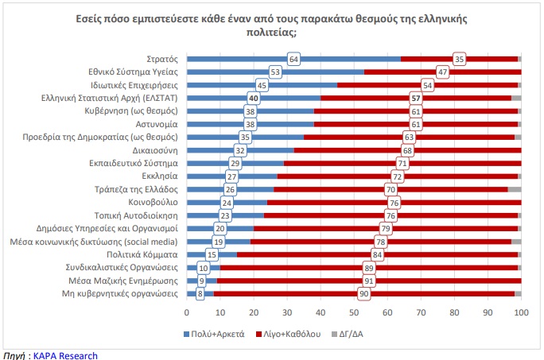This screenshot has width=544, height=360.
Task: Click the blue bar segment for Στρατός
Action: (293, 59)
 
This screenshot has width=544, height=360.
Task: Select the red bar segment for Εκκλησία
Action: (397, 176)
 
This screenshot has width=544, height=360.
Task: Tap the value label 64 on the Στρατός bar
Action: (293, 60)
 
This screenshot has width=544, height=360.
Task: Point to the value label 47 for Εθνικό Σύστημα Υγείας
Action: (442, 72)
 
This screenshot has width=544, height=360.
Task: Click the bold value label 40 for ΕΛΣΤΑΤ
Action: (254, 99)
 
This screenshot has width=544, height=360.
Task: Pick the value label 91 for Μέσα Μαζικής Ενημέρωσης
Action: (369, 281)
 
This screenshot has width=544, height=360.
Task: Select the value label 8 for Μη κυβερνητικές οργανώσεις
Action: (200, 294)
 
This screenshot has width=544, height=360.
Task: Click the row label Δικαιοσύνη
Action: (155, 150)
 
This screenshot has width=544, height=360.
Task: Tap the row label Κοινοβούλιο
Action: (153, 202)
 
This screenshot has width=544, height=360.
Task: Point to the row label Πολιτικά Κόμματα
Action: (142, 254)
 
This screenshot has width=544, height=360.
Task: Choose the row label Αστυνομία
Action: (157, 124)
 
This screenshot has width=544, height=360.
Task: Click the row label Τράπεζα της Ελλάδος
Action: (136, 189)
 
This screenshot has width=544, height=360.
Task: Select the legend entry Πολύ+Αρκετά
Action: (214, 334)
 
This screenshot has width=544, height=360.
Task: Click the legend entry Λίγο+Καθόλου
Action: (289, 334)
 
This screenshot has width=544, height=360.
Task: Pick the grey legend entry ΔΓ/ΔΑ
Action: (348, 334)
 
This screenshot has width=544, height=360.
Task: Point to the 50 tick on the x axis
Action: (354, 312)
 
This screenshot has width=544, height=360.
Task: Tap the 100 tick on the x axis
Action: (521, 312)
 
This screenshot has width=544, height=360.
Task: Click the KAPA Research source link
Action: (65, 356)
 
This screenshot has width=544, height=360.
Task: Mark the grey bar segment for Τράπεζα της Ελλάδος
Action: (515, 189)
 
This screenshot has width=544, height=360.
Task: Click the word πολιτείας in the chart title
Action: (271, 33)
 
